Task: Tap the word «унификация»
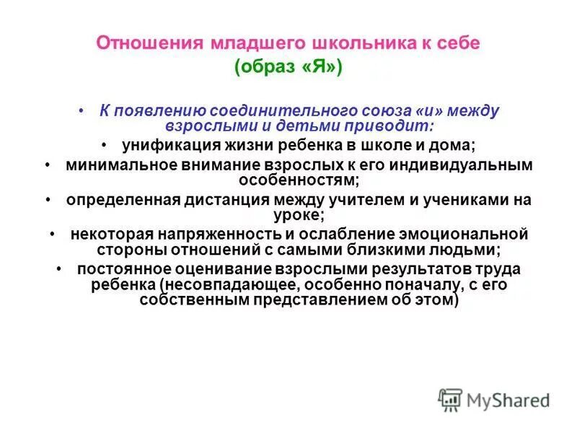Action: point(164,145)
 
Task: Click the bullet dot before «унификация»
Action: point(105,145)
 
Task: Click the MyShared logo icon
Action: point(450,399)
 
